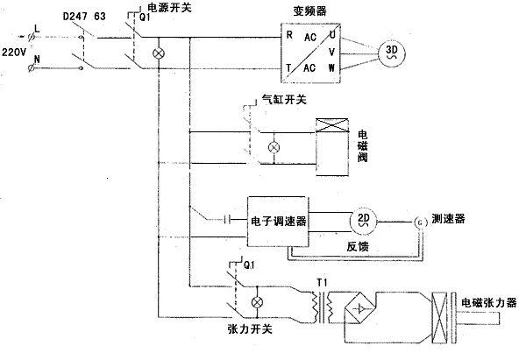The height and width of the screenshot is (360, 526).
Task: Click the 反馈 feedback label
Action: point(358,249)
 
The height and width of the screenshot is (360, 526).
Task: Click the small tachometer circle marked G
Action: point(418,222)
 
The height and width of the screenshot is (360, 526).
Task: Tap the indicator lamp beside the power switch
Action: point(158,53)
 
